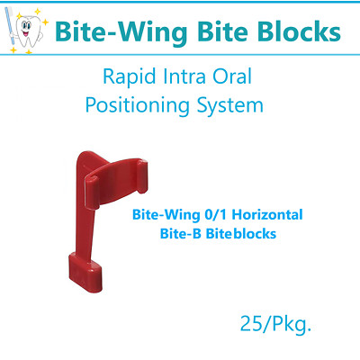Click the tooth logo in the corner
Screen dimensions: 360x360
click(25, 30)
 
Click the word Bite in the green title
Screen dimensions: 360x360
click(212, 32)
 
